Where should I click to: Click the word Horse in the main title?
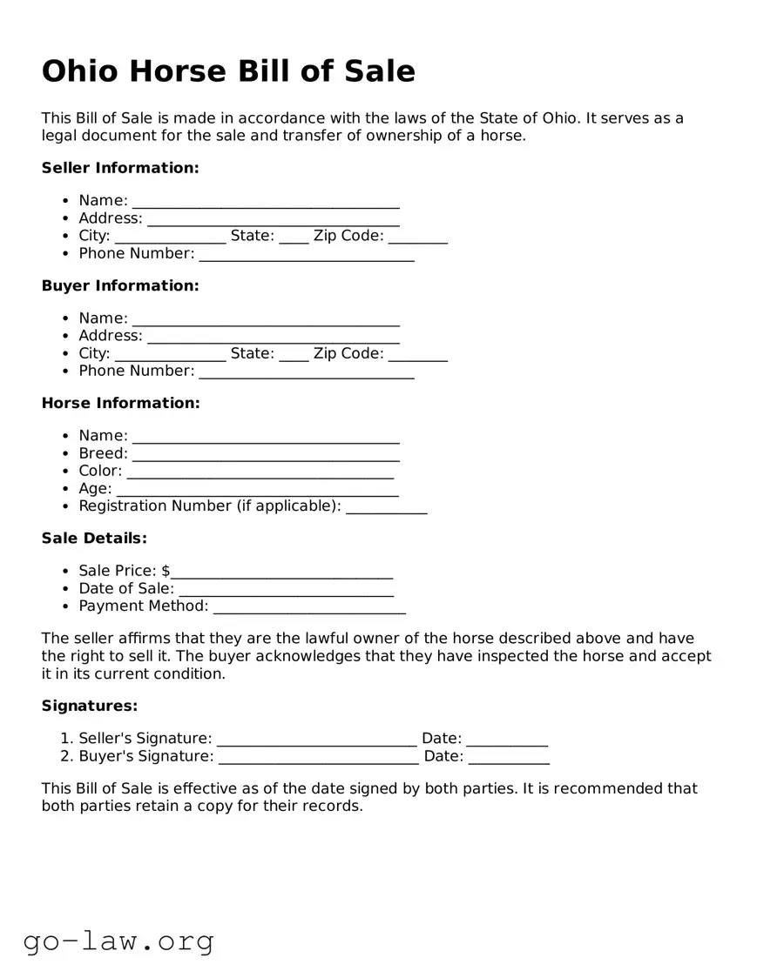(x=180, y=71)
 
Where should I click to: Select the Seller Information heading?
(x=120, y=168)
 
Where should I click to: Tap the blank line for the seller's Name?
(x=266, y=204)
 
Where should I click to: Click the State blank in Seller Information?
(x=294, y=238)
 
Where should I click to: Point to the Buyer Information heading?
(x=120, y=285)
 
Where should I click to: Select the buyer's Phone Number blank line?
(x=307, y=374)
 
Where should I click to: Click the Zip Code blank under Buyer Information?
(x=418, y=356)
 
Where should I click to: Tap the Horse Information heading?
(x=120, y=403)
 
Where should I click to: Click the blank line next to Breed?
(x=266, y=456)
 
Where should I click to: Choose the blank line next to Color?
(x=260, y=473)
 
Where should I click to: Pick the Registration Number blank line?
(x=387, y=509)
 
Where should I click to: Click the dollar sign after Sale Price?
(x=166, y=571)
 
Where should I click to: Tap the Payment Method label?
(x=144, y=606)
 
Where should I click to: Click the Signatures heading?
(x=90, y=707)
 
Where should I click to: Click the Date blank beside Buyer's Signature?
(x=509, y=760)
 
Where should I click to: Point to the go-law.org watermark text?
(x=118, y=941)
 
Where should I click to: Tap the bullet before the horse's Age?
(x=67, y=489)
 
